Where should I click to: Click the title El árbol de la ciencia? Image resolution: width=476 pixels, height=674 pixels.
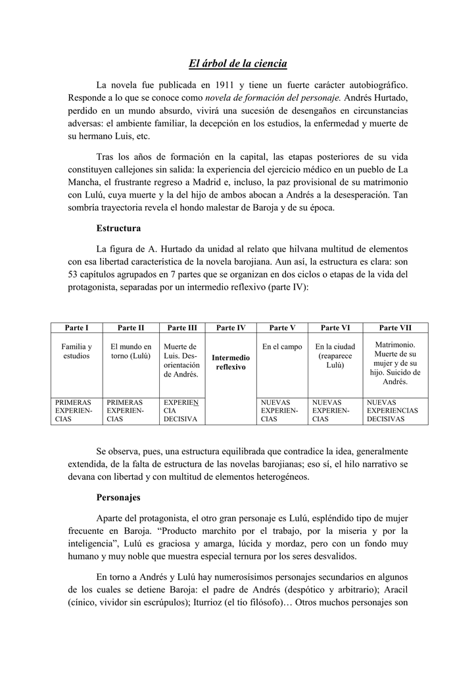(238, 64)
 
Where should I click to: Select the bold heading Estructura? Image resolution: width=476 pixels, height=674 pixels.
(118, 228)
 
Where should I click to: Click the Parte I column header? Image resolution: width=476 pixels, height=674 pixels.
(76, 327)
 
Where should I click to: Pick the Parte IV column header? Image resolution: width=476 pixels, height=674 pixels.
(231, 327)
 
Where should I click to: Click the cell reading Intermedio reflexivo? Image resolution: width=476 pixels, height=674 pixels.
(231, 362)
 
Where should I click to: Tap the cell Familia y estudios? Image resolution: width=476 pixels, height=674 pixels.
(76, 351)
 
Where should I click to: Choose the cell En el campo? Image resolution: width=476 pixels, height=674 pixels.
(282, 346)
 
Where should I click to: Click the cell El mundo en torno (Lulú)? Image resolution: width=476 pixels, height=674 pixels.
(130, 351)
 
